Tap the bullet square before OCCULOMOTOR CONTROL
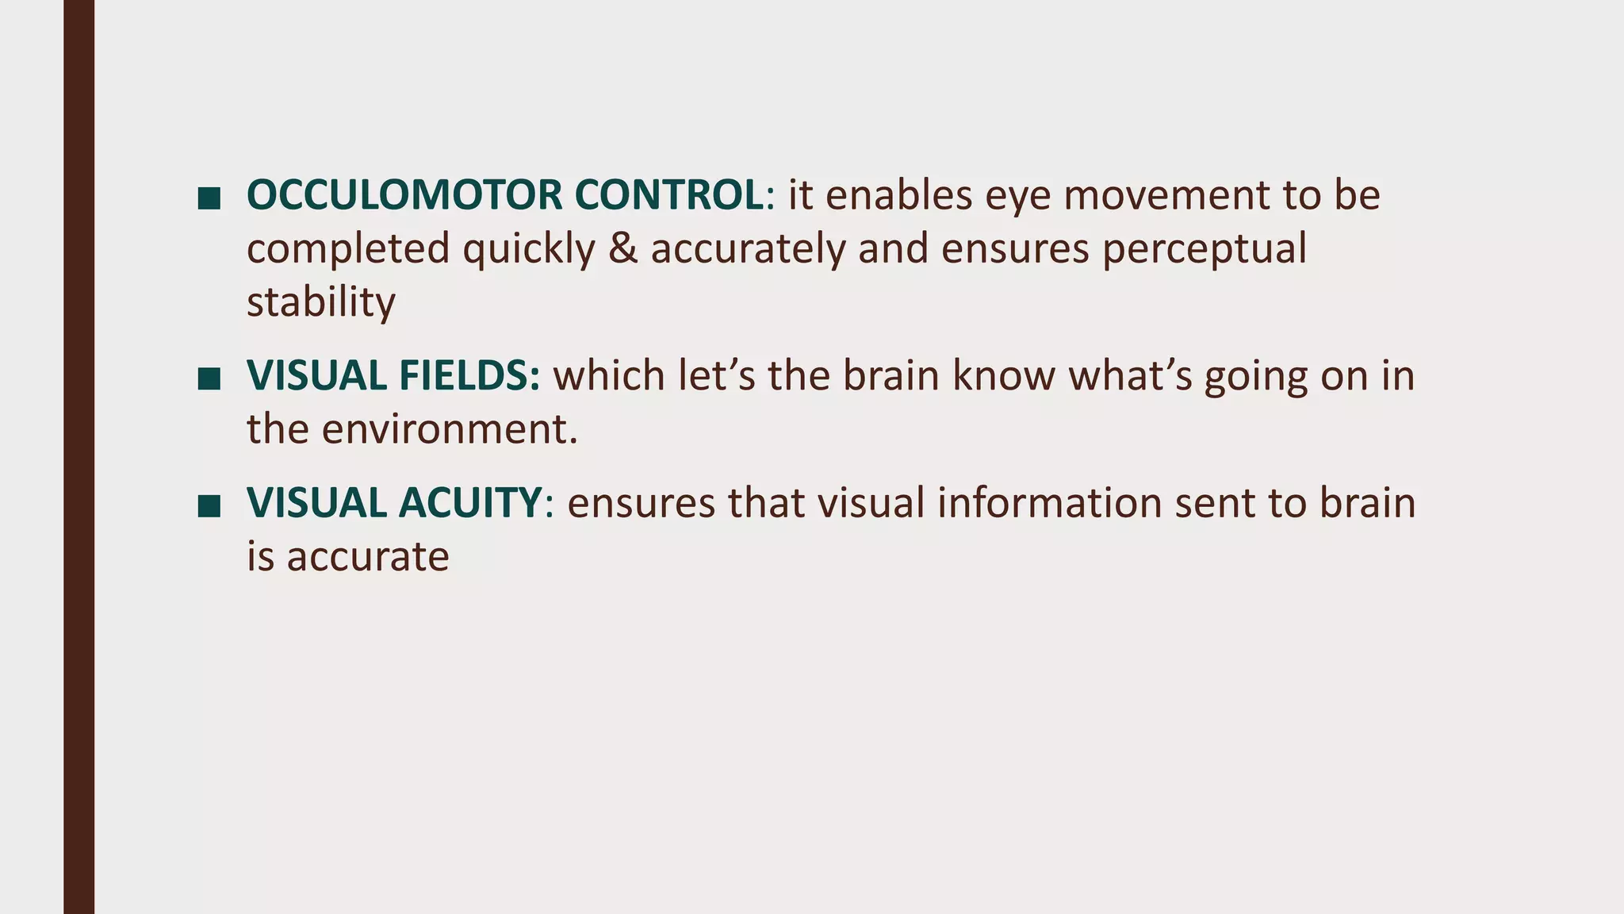pyautogui.click(x=209, y=198)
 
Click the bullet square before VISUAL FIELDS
pyautogui.click(x=209, y=378)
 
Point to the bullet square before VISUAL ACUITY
pyautogui.click(x=209, y=505)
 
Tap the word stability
pyautogui.click(x=320, y=302)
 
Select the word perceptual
pyautogui.click(x=1204, y=248)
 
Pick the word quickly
pyautogui.click(x=529, y=248)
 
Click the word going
pyautogui.click(x=1255, y=377)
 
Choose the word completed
pyautogui.click(x=348, y=248)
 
